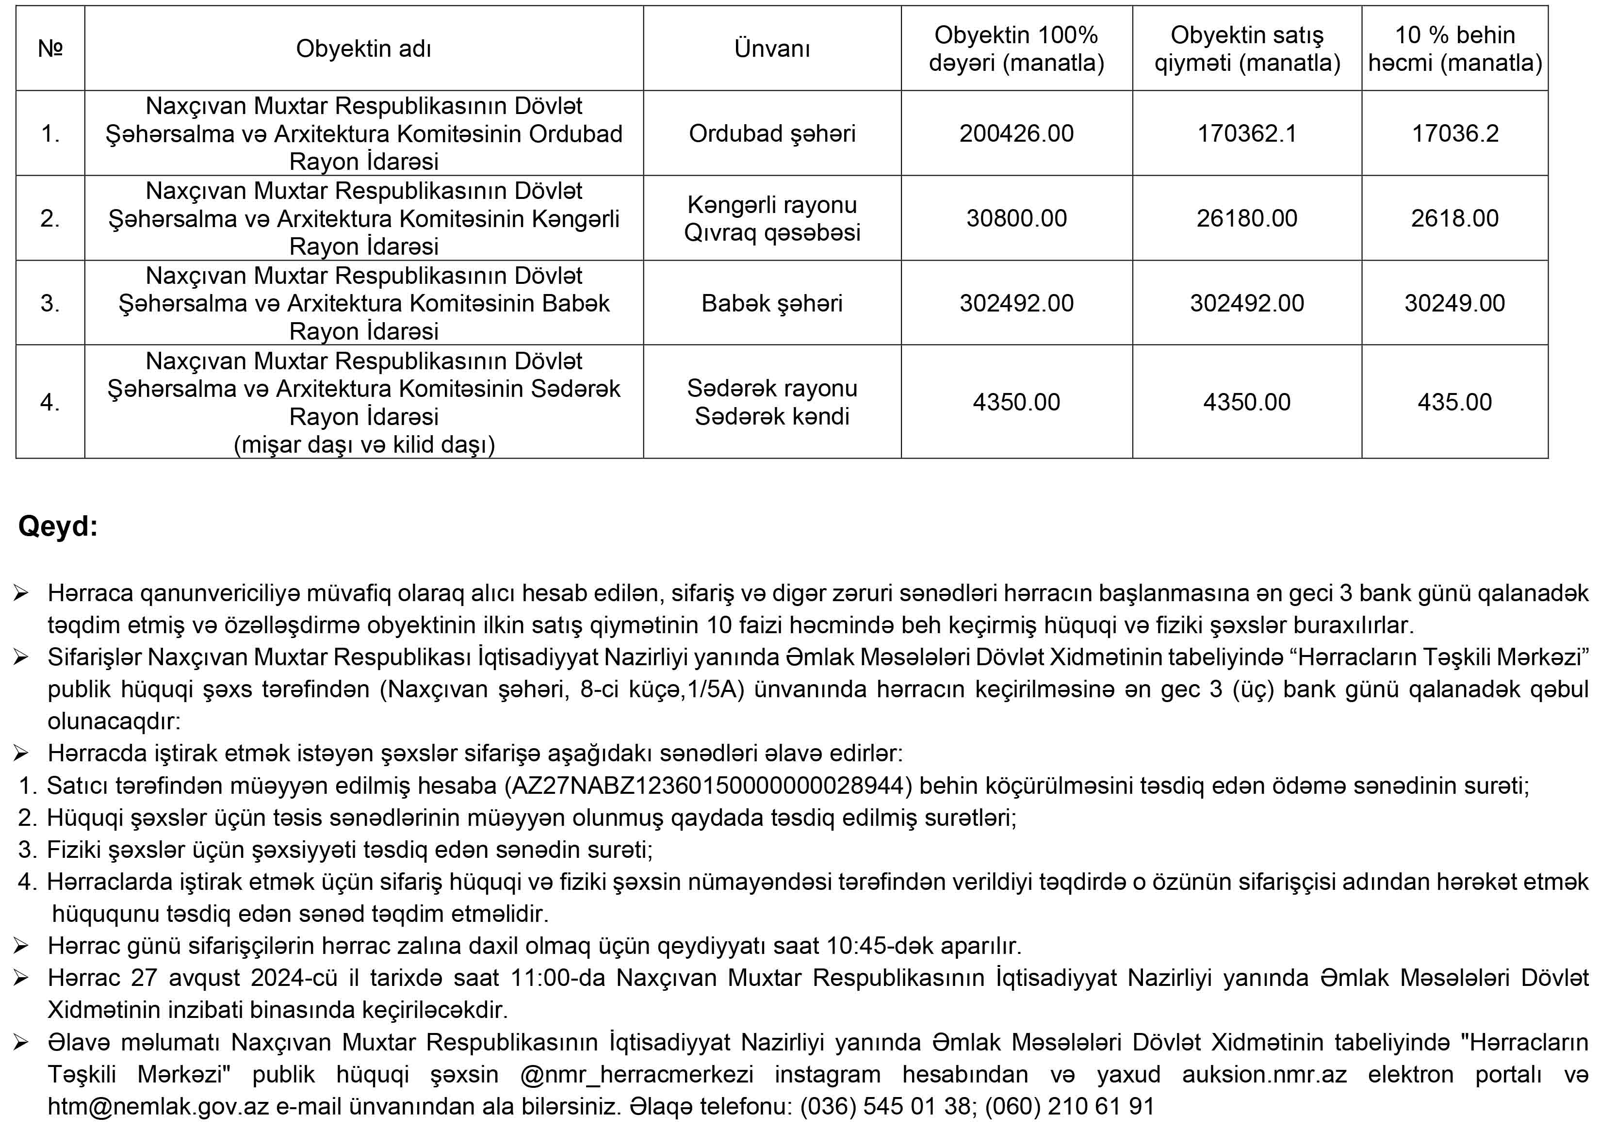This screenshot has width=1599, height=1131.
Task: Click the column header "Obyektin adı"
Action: [363, 49]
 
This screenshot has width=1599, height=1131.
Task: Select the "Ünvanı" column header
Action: [772, 49]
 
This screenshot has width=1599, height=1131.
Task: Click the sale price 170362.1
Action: [1247, 133]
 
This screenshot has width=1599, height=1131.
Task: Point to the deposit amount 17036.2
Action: [1455, 133]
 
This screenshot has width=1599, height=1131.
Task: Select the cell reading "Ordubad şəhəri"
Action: [772, 133]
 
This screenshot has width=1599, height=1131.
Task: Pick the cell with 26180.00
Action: [1247, 218]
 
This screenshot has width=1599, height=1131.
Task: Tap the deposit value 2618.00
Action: [1455, 218]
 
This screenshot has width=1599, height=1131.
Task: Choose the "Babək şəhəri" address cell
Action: [772, 303]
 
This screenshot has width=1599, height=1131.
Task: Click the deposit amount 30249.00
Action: [1455, 303]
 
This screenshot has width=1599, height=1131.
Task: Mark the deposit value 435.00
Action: [1455, 402]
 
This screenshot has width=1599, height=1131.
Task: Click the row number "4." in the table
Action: [50, 402]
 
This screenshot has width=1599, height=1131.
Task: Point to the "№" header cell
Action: [50, 49]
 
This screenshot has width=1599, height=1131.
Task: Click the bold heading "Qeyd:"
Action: [58, 526]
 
